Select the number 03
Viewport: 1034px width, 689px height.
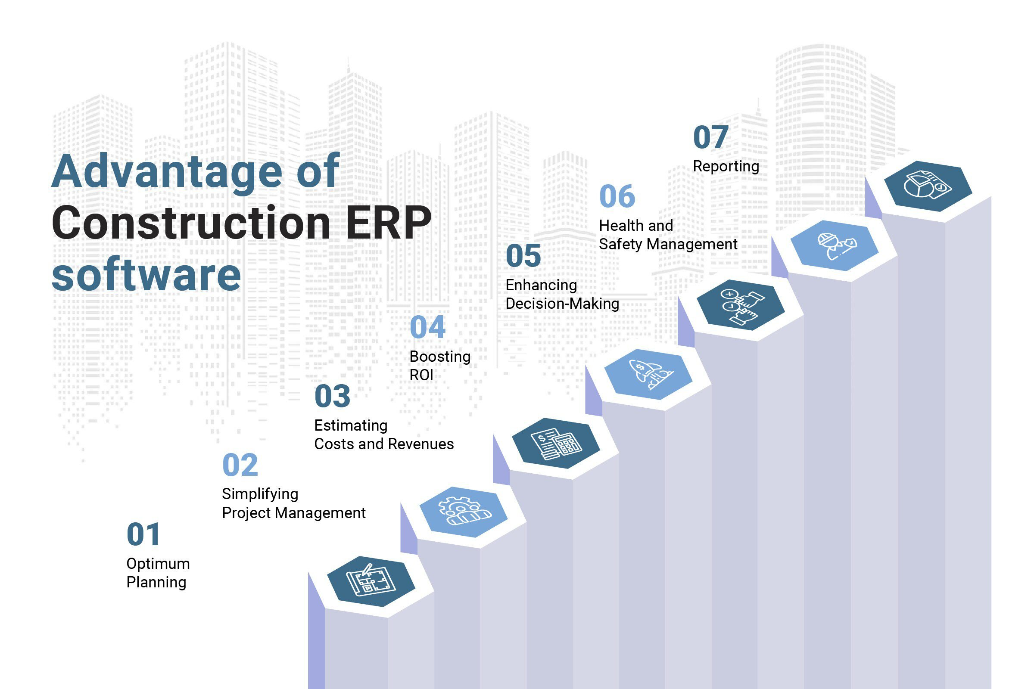tap(332, 396)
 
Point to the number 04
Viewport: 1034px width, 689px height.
tap(427, 327)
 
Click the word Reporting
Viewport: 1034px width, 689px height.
tap(726, 166)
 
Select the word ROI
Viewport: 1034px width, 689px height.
tap(421, 375)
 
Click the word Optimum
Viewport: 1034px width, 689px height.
tap(158, 564)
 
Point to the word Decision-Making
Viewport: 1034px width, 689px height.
tap(562, 304)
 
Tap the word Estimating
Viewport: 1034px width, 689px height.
tap(350, 425)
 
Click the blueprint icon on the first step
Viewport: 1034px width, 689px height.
tap(371, 581)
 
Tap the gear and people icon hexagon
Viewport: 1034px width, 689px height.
tap(464, 512)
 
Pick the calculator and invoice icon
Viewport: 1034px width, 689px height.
tap(556, 443)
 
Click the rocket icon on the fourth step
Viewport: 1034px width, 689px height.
tap(648, 374)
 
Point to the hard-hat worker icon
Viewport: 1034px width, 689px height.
tap(834, 245)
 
